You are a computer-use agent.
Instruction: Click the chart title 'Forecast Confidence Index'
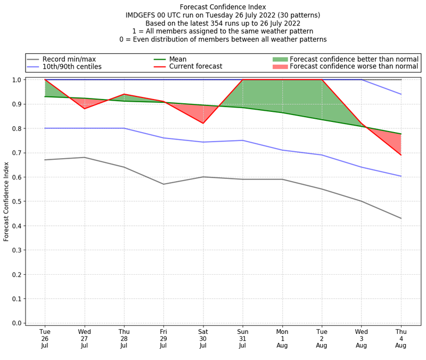[223, 7]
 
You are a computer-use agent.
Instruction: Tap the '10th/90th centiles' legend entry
[72, 67]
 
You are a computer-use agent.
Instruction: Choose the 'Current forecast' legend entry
[195, 67]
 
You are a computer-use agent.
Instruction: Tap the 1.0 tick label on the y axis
[17, 80]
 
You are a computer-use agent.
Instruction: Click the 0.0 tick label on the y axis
[17, 323]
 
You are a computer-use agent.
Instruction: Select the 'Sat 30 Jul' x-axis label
[203, 339]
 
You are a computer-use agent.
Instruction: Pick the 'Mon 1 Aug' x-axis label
[282, 339]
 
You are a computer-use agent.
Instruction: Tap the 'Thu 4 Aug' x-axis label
[401, 339]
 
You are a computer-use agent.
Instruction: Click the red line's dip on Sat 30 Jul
[203, 124]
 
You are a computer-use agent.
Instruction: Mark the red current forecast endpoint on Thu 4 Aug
[401, 155]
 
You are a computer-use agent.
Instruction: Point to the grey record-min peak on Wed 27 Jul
[84, 157]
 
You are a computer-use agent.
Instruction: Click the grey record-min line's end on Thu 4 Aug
[401, 218]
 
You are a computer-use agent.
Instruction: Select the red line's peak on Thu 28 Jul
[124, 94]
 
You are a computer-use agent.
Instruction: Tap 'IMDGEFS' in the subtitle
[142, 15]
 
